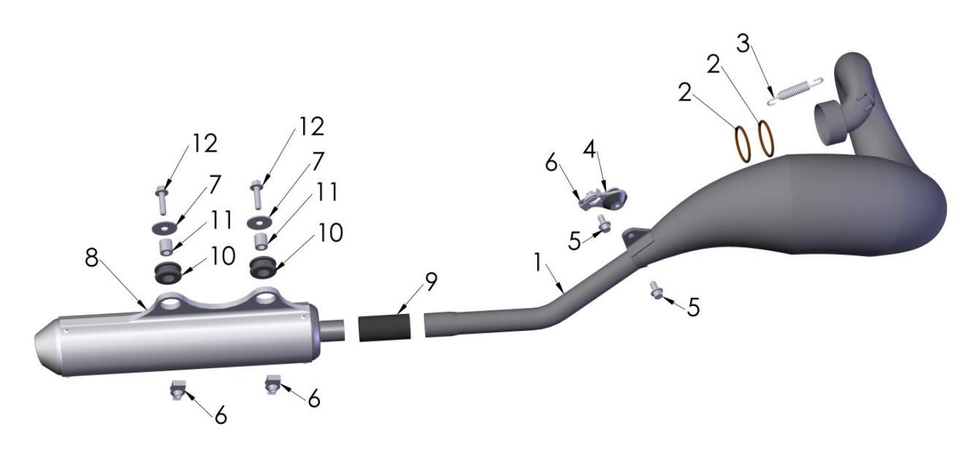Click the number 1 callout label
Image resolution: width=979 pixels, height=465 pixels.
(538, 262)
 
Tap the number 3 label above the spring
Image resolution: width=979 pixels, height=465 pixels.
(743, 44)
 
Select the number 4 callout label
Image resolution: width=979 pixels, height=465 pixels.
(589, 150)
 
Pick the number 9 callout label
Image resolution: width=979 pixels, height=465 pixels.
(431, 282)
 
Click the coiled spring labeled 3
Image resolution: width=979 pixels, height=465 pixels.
(795, 92)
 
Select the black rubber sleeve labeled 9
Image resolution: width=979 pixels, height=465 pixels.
(385, 328)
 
